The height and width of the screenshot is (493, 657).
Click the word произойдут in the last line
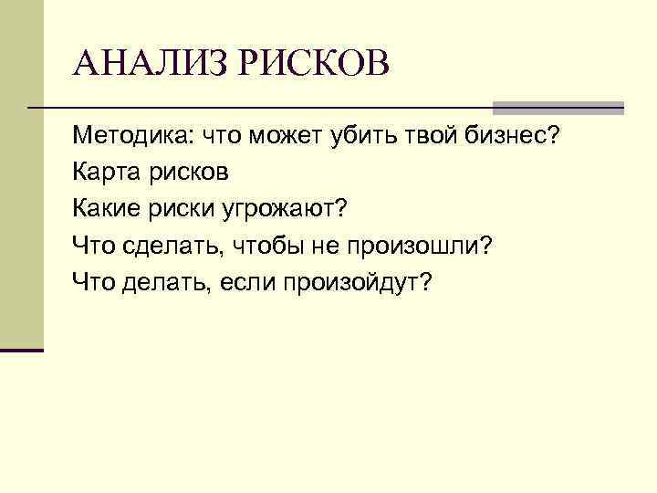click(360, 283)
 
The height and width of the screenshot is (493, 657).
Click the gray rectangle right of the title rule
click(558, 107)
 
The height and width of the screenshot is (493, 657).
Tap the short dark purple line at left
click(22, 350)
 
